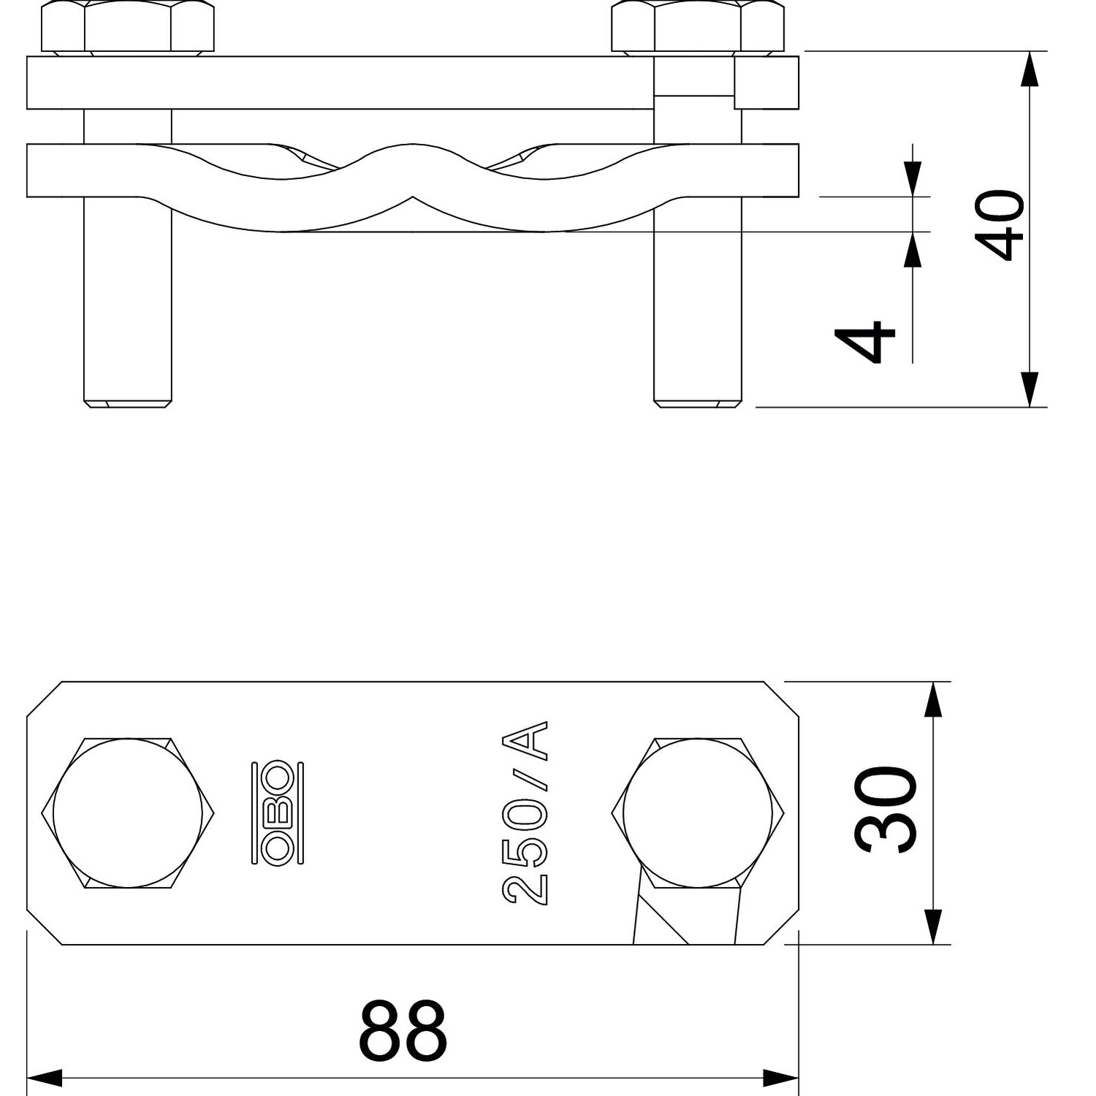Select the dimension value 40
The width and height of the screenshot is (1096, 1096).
point(999,225)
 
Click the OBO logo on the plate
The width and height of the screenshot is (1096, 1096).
point(278,813)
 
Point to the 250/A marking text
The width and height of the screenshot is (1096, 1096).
point(525,813)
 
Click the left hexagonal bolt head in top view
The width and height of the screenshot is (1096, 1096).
point(128,813)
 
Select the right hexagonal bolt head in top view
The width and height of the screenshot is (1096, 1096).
point(698,813)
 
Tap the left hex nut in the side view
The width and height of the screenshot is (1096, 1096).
point(128,27)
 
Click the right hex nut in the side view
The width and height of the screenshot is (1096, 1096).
point(698,27)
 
